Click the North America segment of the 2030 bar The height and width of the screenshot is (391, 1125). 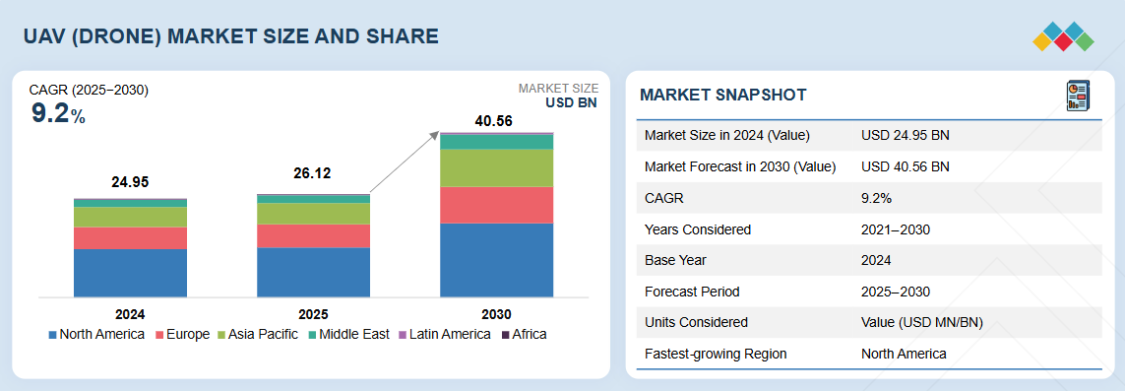point(496,260)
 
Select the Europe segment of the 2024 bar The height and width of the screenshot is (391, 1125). point(130,238)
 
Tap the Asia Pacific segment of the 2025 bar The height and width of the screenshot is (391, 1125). point(314,213)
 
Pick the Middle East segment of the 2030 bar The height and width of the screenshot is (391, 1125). point(496,142)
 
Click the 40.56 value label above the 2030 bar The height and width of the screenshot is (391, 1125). point(494,121)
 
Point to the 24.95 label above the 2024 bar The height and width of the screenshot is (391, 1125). point(130,182)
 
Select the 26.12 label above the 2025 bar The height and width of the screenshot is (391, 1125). point(313,173)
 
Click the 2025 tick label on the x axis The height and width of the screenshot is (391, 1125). point(314,314)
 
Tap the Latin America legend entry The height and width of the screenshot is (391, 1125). point(445,334)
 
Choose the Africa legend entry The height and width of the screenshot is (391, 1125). point(524,334)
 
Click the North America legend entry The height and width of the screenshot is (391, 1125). point(96,334)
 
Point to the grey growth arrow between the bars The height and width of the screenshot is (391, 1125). point(405,163)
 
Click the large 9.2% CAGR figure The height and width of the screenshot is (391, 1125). point(58,114)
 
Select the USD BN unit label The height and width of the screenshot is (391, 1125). point(571,101)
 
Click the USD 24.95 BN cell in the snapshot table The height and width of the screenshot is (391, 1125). point(906,136)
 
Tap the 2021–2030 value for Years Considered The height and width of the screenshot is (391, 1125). point(896,229)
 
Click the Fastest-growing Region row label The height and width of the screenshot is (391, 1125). point(716,354)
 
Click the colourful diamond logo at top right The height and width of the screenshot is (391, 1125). point(1063,36)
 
